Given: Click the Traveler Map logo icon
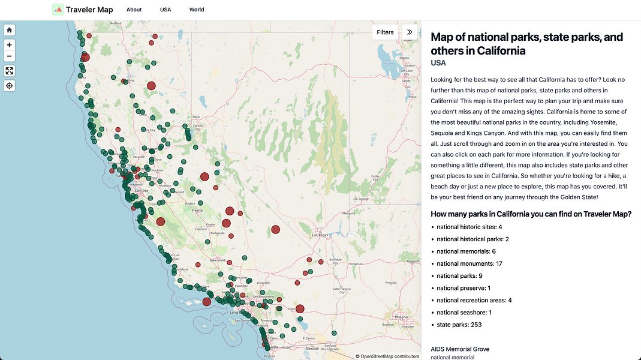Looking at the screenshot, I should [x=58, y=10].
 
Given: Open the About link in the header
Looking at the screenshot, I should [x=134, y=10].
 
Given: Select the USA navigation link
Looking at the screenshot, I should [x=165, y=10].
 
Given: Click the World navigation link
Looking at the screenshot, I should [x=197, y=10].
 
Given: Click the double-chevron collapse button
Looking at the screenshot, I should [x=410, y=32].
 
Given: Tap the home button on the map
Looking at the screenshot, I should [x=10, y=30].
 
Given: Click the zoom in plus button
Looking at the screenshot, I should [x=10, y=45].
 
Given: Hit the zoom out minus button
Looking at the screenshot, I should [x=10, y=56].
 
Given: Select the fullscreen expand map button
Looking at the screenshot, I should [x=10, y=71].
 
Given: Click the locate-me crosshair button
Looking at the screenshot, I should [x=10, y=86].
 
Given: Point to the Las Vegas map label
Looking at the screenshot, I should [x=320, y=235].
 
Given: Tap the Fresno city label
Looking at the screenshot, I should [x=197, y=211].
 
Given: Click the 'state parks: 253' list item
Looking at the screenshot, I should [x=459, y=325].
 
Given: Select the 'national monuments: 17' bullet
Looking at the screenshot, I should [x=469, y=263].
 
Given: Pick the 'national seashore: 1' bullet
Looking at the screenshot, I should [x=464, y=313].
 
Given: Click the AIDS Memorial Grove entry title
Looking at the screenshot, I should [x=460, y=349].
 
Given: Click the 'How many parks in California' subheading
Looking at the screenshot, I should [x=531, y=214].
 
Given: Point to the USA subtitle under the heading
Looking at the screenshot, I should [x=438, y=63].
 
